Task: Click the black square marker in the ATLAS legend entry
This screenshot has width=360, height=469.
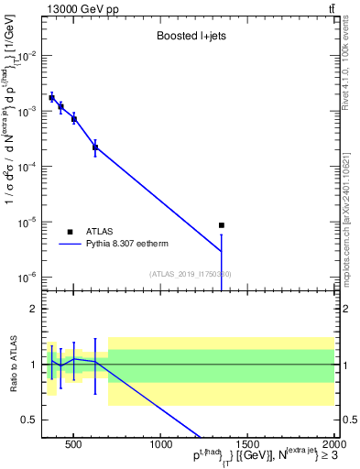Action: point(70,232)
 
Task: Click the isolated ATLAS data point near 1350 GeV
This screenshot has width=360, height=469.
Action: point(222,225)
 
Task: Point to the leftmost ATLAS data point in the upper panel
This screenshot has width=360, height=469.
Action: point(51,97)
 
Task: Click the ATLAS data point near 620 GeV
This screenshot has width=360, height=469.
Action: point(95,147)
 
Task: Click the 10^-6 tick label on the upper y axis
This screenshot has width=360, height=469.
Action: point(29,277)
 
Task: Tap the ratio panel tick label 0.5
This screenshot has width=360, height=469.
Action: point(30,420)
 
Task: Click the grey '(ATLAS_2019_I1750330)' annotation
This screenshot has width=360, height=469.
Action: point(191,274)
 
